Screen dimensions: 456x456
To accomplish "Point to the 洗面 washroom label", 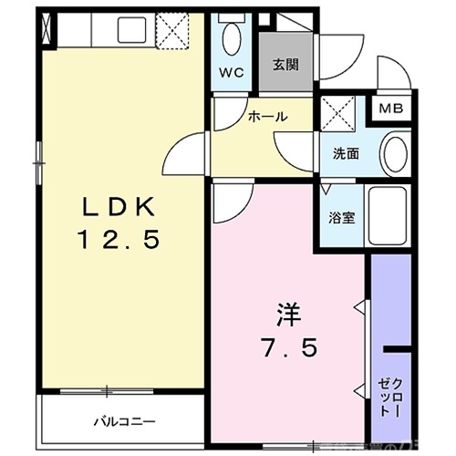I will [344, 154].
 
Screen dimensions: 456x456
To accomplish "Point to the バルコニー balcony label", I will [120, 422].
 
